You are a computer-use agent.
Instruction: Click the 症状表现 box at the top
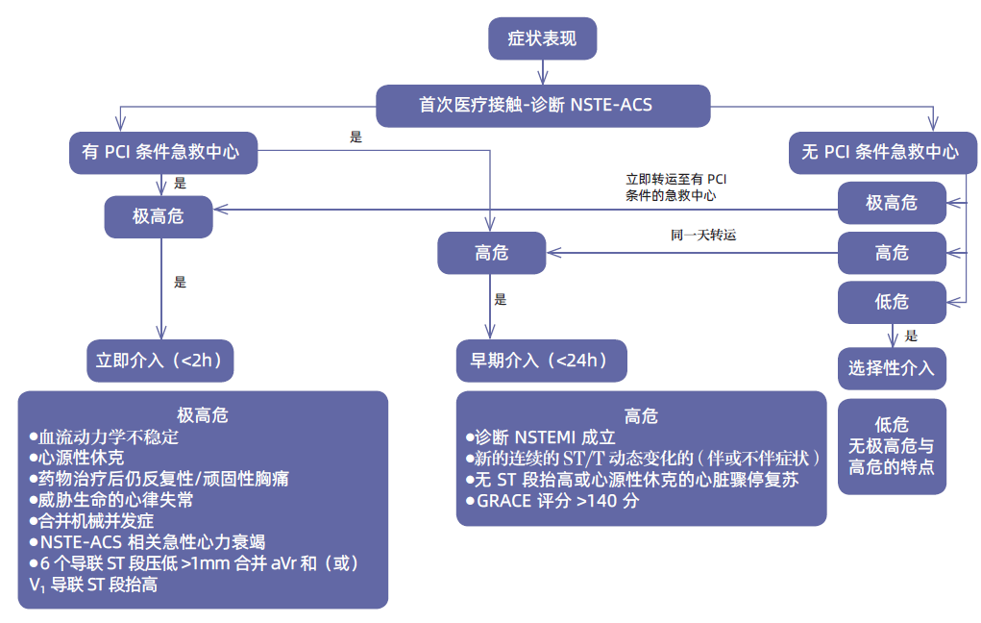pos(542,38)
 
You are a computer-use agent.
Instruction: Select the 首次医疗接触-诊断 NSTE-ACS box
pos(543,105)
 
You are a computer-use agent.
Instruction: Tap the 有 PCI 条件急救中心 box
pos(163,152)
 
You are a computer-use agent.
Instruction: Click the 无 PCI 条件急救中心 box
pos(882,152)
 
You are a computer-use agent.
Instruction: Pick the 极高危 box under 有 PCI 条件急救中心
pos(158,215)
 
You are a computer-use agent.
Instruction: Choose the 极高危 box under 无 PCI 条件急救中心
pos(891,203)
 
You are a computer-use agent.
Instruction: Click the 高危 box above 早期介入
pos(491,253)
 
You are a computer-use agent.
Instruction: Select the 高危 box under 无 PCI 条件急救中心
pos(891,253)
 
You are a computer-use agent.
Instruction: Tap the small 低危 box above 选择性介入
pos(891,302)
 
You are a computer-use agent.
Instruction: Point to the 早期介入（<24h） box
pos(542,361)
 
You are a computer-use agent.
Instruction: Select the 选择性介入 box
pos(891,368)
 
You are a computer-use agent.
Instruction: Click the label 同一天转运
pos(703,234)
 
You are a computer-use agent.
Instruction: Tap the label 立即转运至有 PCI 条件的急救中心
pos(675,187)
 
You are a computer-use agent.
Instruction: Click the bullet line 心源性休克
pos(76,457)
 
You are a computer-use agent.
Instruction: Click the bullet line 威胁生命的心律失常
pos(110,499)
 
